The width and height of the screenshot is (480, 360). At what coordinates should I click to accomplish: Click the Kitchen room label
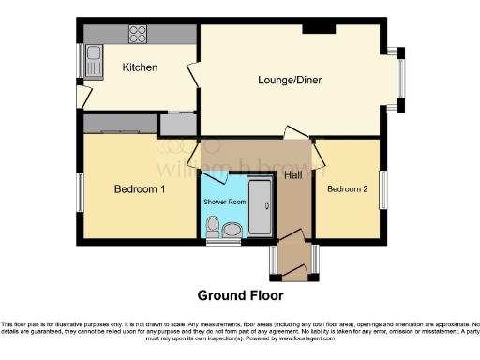tap(140, 67)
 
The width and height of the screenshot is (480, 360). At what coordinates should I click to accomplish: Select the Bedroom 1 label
tap(140, 189)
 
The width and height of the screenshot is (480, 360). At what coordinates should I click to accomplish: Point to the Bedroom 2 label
tap(347, 189)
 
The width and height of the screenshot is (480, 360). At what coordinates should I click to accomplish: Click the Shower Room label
tap(224, 202)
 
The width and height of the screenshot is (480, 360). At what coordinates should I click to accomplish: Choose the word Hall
tap(292, 174)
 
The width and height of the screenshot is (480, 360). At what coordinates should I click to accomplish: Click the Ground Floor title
tap(240, 295)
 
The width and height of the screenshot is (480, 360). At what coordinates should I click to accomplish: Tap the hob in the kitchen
tap(137, 33)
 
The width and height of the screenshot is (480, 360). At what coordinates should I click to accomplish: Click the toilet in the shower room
tap(213, 226)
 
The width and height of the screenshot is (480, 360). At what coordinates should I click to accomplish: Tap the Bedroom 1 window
tap(81, 192)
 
